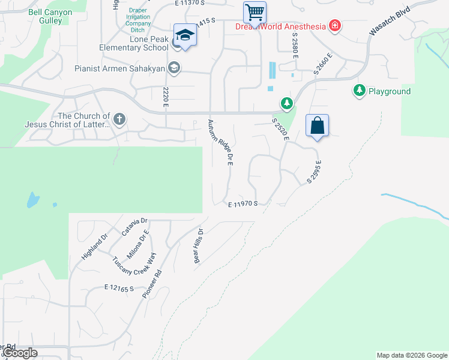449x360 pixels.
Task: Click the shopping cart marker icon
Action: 255,11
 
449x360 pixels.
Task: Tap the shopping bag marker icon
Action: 317,126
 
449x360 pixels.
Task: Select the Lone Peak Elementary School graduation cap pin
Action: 185,36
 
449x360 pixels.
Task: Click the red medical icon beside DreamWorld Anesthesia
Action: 334,26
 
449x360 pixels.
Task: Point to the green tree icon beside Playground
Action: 359,91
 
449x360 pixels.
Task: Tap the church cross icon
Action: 119,119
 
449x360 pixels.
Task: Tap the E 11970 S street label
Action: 243,204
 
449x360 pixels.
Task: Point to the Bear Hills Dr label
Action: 199,242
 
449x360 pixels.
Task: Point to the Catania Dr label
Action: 134,226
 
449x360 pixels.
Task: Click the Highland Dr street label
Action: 94,247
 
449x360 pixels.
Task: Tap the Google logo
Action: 20,353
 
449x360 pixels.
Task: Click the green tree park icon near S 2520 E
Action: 287,104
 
